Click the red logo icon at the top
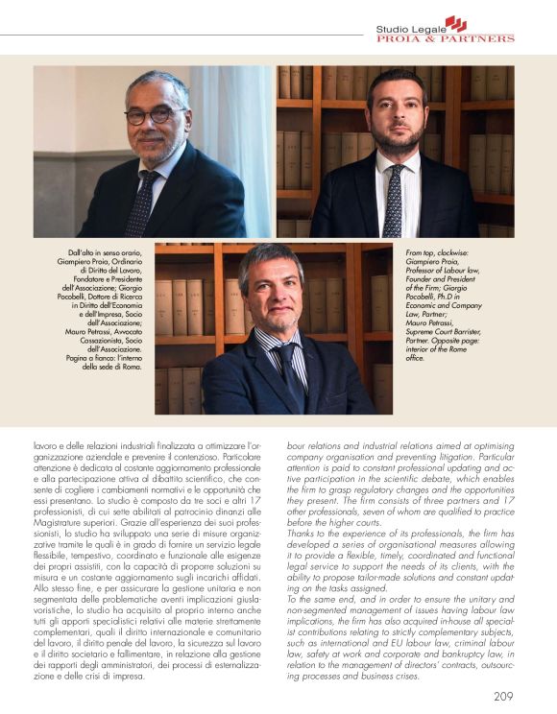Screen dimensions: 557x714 (x=454, y=23)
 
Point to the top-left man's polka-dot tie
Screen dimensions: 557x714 (x=144, y=201)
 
